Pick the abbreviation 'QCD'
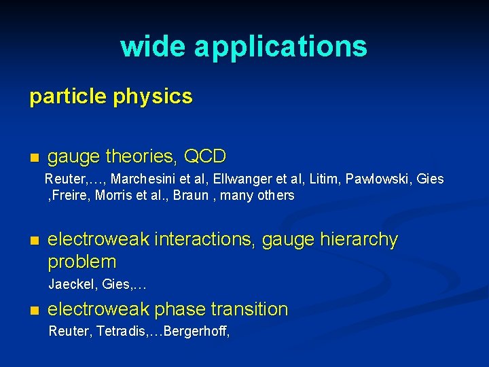coord(205,157)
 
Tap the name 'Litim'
coord(324,179)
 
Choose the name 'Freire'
coord(70,196)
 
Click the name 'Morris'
coord(118,196)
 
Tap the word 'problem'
coord(82,262)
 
